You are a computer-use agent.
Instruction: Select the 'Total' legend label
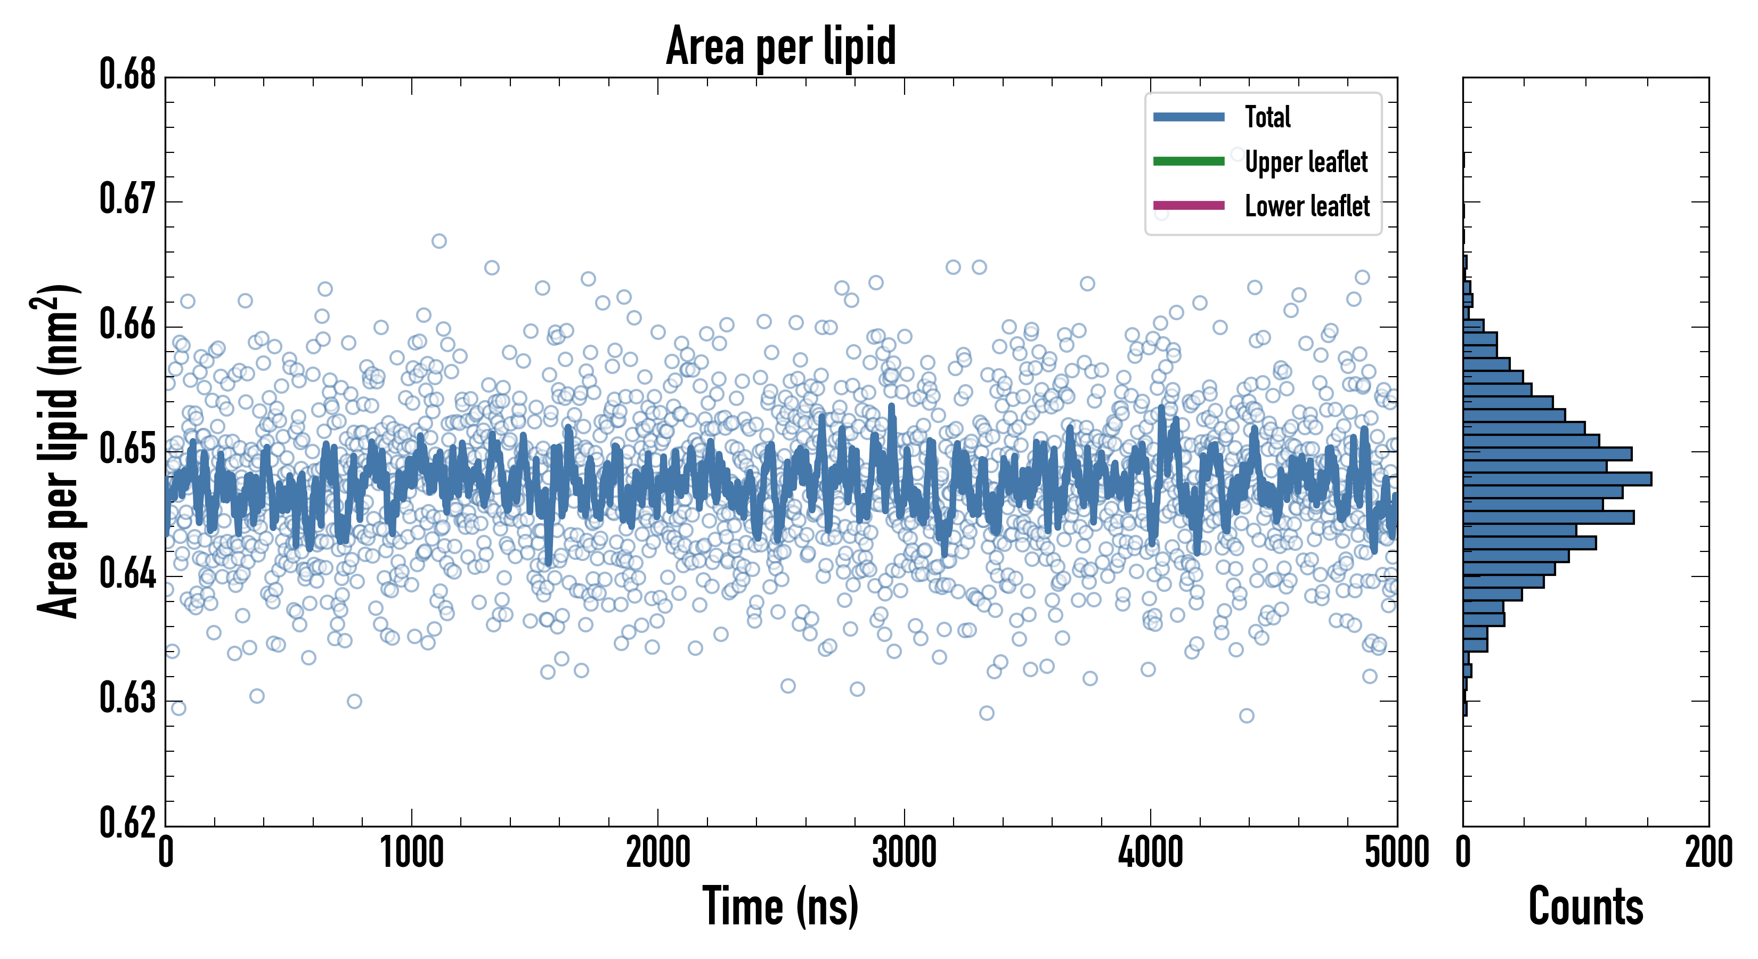pos(1267,117)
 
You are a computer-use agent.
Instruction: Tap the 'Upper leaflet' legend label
pos(1306,162)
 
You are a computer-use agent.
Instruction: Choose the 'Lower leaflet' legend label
pos(1307,206)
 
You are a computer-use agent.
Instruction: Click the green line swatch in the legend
pos(1188,161)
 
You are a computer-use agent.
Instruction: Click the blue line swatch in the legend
pos(1188,117)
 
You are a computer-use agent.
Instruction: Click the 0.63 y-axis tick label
pos(128,698)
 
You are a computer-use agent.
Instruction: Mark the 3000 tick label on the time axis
pos(904,852)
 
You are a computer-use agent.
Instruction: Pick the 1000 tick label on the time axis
pos(411,852)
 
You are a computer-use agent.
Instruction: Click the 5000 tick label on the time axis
pos(1396,852)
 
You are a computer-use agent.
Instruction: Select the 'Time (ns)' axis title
pos(781,906)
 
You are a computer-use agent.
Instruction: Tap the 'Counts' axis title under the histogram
pos(1585,906)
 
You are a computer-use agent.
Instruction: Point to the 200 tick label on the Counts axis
pos(1708,852)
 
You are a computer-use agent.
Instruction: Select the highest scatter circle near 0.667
pos(439,241)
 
